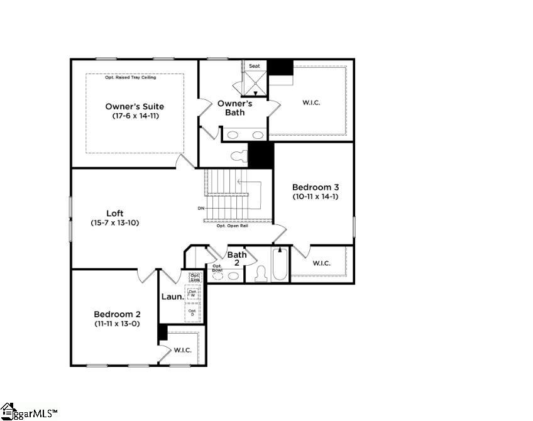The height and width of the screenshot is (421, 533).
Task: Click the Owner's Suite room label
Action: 135,106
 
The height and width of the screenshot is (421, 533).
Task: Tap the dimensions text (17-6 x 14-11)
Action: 135,116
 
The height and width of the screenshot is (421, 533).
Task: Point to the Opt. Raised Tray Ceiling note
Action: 130,77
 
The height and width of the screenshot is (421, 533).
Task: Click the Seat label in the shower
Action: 255,66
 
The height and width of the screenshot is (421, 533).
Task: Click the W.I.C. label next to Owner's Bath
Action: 311,102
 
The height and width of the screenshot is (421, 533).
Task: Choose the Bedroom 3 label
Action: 316,187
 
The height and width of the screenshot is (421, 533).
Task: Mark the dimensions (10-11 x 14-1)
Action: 316,196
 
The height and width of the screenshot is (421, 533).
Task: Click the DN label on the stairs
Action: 201,208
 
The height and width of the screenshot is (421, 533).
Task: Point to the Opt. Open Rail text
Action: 232,226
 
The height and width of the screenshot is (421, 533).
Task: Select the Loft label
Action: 114,213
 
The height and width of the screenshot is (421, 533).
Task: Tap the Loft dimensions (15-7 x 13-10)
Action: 114,222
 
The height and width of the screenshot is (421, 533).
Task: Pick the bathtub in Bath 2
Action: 280,265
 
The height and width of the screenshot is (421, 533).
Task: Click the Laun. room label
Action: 172,297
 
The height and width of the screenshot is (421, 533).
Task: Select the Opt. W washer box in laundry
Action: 193,293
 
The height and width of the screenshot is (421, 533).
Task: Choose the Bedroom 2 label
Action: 117,314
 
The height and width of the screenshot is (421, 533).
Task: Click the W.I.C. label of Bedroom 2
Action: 183,350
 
